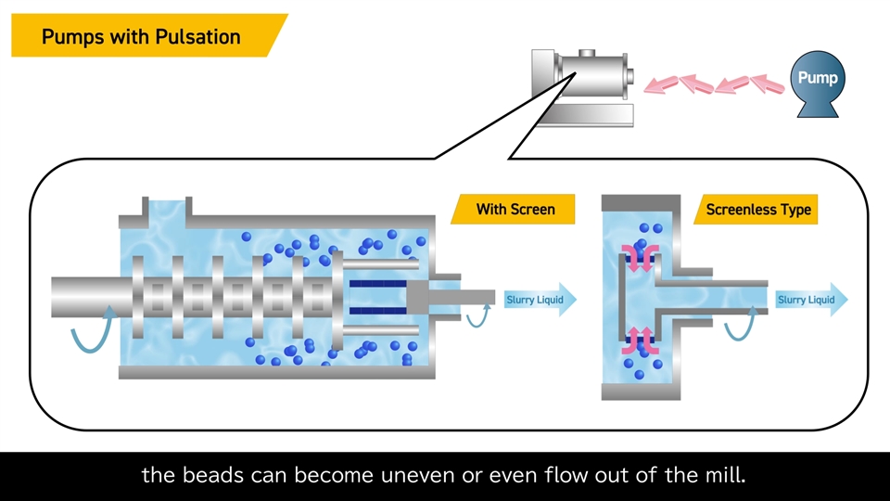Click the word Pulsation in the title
(x=197, y=37)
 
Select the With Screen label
(x=515, y=209)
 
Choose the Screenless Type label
(x=758, y=209)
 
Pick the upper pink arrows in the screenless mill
(x=640, y=254)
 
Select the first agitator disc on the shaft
(x=139, y=296)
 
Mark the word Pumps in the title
(x=72, y=37)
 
